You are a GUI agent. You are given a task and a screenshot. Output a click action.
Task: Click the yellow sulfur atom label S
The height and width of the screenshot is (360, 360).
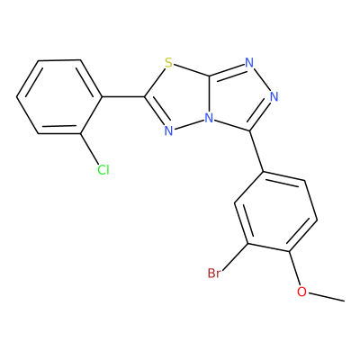pos(168,63)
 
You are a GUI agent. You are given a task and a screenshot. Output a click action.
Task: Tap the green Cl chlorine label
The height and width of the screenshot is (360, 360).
pos(103,170)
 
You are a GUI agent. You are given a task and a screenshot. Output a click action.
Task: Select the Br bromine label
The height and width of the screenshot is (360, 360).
pos(214,274)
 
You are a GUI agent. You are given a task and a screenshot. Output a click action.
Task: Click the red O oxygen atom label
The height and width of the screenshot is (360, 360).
pos(301,292)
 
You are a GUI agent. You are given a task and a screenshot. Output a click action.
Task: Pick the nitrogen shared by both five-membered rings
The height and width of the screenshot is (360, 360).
pos(209,118)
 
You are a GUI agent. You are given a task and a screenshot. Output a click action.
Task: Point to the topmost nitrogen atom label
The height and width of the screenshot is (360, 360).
pos(249,63)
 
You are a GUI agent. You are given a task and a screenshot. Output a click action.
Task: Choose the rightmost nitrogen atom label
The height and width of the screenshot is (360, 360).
pos(274,97)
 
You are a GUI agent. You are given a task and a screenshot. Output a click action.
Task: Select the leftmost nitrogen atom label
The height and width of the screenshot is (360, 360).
pos(169,130)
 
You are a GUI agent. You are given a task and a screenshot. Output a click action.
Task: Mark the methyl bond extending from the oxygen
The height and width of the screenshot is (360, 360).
pos(326,296)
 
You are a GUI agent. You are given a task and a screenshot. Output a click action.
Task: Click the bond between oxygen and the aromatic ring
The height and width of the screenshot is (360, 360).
pos(294,268)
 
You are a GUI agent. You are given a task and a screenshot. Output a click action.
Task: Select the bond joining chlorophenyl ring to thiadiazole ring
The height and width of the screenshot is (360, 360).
pos(124,97)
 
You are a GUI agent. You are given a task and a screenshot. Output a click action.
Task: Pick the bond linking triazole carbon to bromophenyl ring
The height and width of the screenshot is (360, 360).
pos(257,151)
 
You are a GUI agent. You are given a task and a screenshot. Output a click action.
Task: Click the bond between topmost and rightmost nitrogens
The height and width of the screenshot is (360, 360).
pos(262,80)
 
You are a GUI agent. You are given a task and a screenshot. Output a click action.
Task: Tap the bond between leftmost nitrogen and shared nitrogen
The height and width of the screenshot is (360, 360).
pos(189,124)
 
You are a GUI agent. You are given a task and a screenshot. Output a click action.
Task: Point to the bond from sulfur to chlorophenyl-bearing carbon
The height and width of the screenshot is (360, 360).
pos(155,82)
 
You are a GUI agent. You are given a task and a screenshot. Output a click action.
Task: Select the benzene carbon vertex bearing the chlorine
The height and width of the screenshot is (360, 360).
pos(80,133)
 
